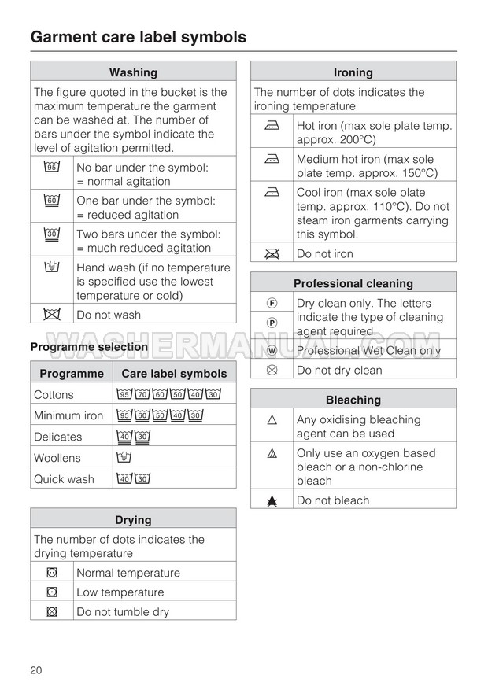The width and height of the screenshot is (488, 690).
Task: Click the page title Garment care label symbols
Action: (138, 37)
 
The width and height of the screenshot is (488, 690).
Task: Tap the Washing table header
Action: (133, 72)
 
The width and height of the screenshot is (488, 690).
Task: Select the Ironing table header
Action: (353, 72)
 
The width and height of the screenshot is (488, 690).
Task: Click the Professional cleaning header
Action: (353, 283)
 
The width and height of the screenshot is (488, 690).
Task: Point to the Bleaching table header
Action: (353, 400)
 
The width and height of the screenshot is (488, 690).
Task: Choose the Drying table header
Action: (133, 519)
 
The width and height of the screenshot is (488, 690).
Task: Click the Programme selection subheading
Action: (89, 347)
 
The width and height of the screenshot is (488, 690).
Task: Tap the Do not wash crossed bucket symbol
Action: (52, 315)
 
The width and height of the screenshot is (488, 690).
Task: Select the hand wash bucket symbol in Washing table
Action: (52, 268)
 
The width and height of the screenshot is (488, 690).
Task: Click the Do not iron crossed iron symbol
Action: (272, 253)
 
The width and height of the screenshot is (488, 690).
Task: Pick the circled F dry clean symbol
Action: (272, 303)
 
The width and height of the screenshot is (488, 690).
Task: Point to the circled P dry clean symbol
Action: (272, 323)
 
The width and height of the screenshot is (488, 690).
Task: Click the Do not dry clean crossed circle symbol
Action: (272, 370)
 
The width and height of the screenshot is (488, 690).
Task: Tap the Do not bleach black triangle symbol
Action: (272, 500)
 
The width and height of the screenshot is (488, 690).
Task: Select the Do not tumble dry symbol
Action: (52, 611)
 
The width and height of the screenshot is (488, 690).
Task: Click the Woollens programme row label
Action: (57, 458)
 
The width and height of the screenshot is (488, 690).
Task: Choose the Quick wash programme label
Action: (64, 479)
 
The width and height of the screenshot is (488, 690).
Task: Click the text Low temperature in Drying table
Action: (120, 592)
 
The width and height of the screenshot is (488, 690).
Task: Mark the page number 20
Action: (36, 670)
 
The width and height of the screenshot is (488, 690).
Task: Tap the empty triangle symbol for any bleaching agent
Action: (272, 420)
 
